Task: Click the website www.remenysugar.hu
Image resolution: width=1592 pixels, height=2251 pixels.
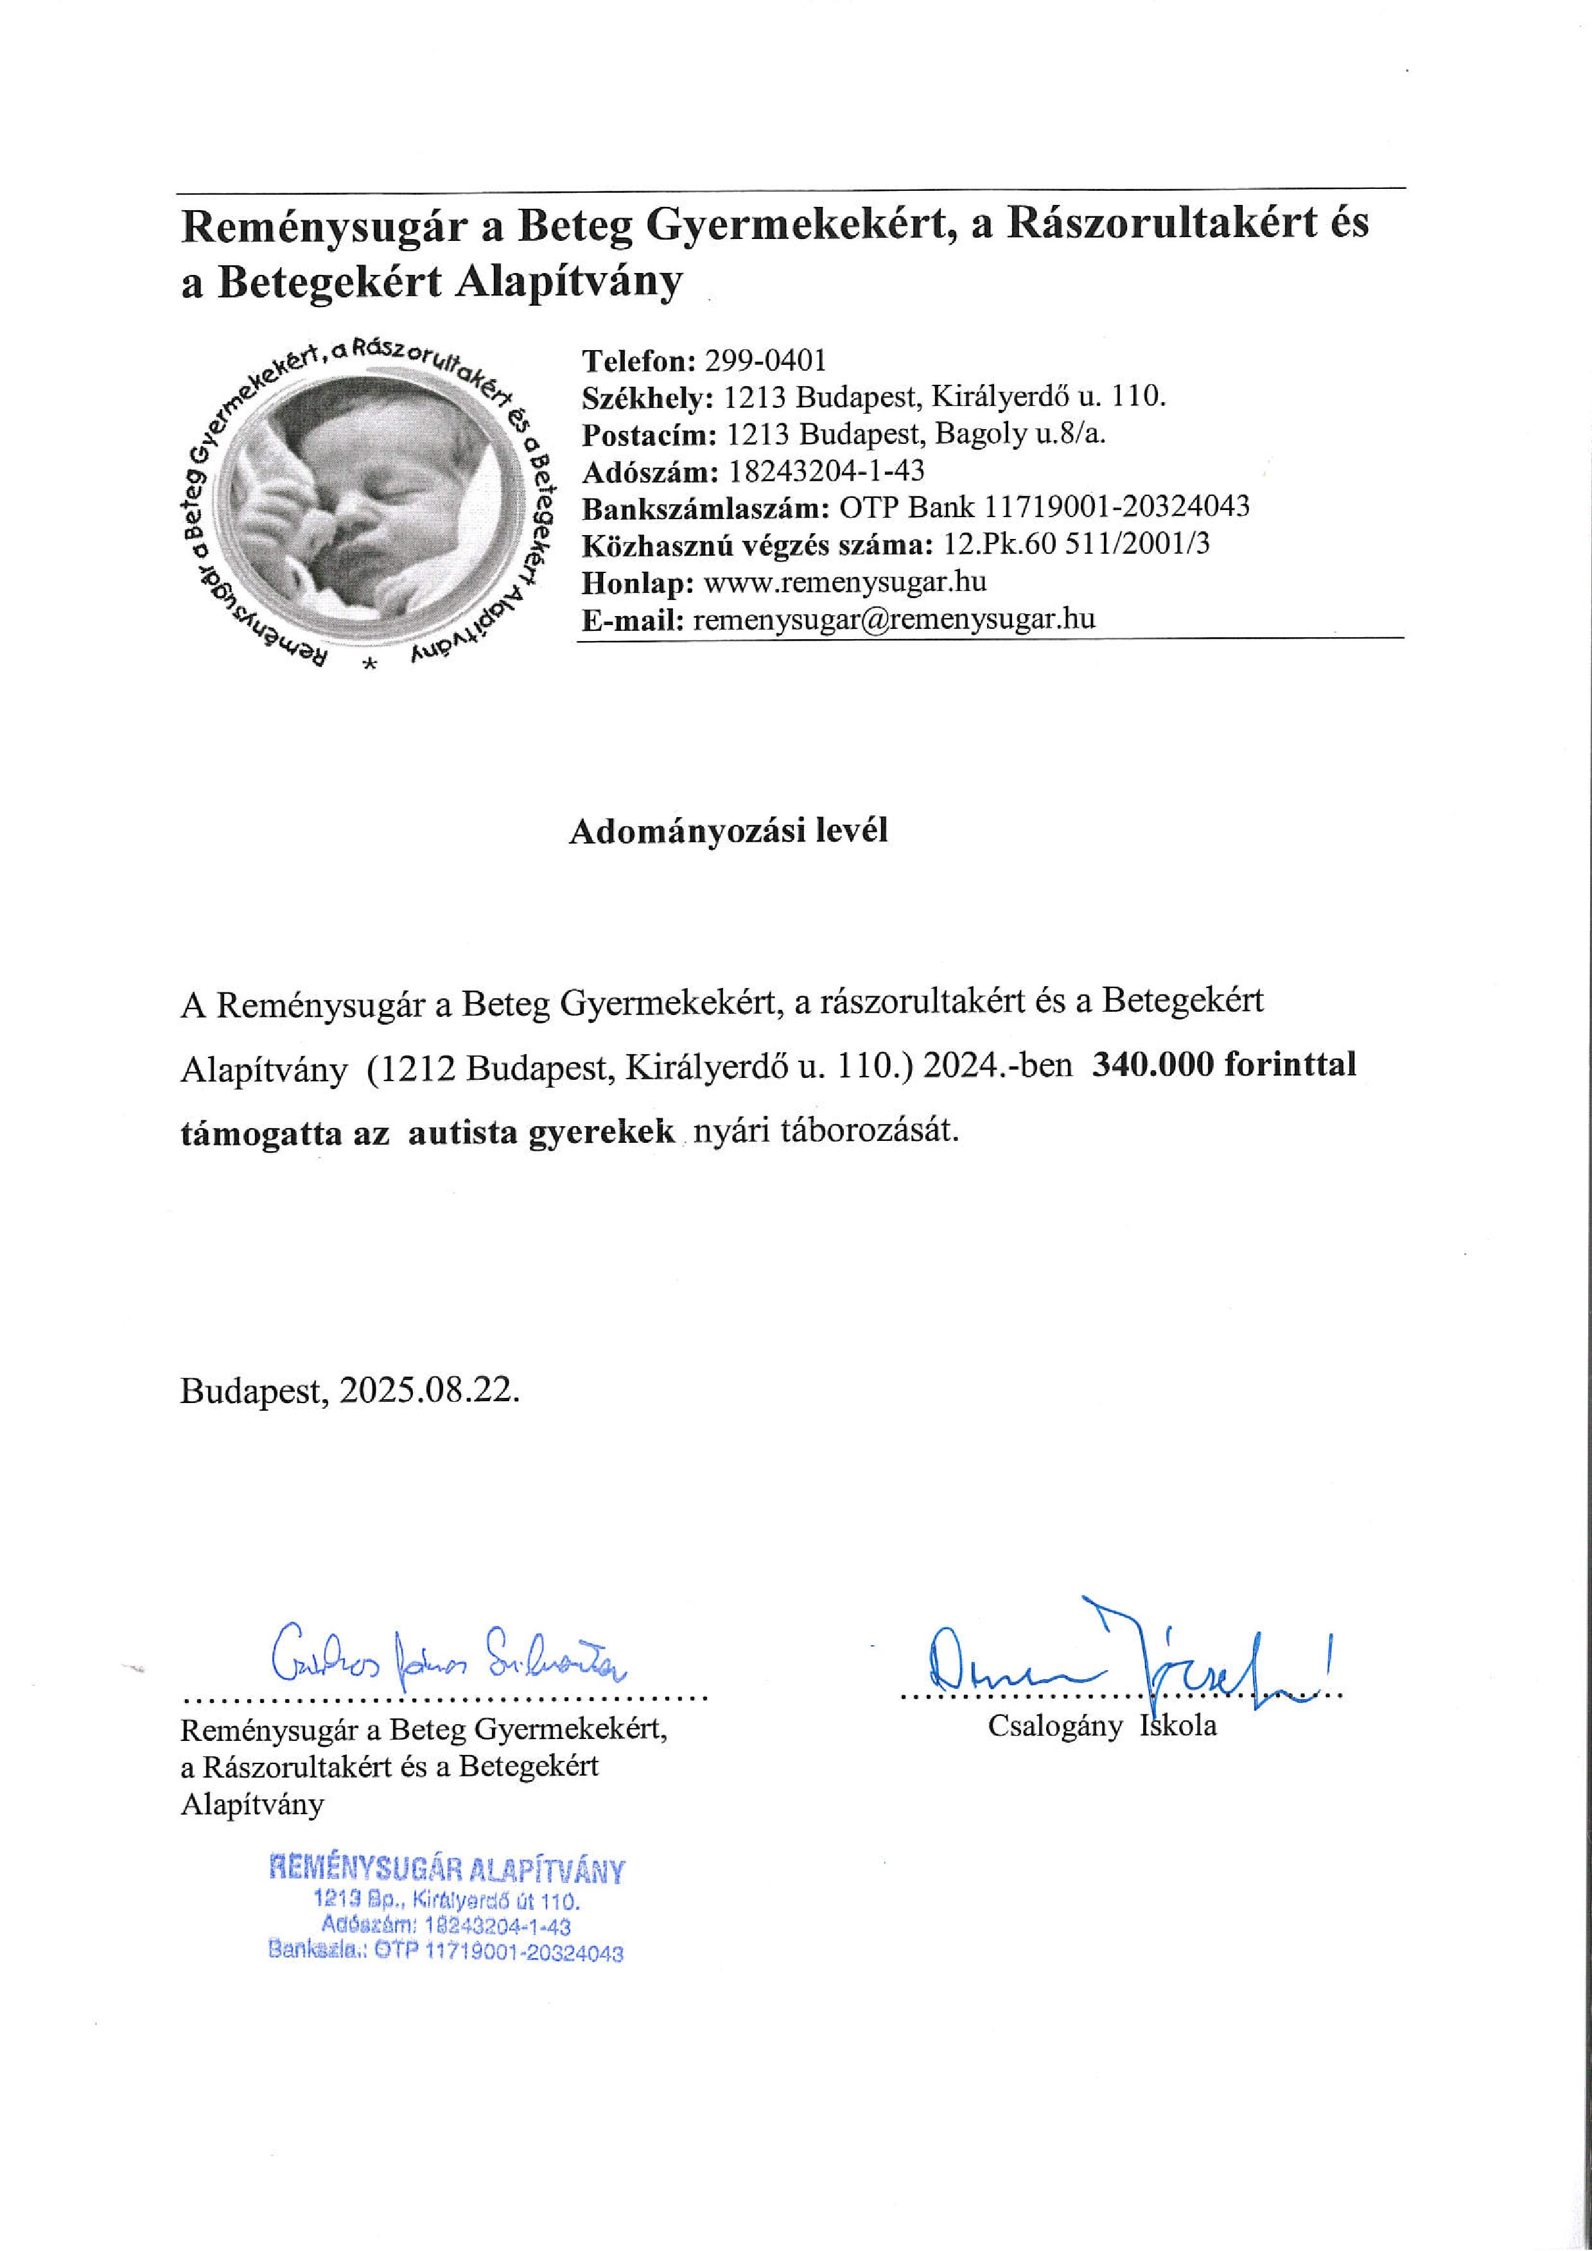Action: [x=845, y=583]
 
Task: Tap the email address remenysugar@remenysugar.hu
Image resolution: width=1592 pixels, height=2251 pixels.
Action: [x=893, y=620]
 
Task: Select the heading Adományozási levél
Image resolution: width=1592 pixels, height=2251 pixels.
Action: [x=728, y=831]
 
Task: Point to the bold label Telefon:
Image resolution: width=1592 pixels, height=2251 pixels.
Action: [x=638, y=361]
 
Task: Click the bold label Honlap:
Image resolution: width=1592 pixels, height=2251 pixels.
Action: [x=638, y=583]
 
